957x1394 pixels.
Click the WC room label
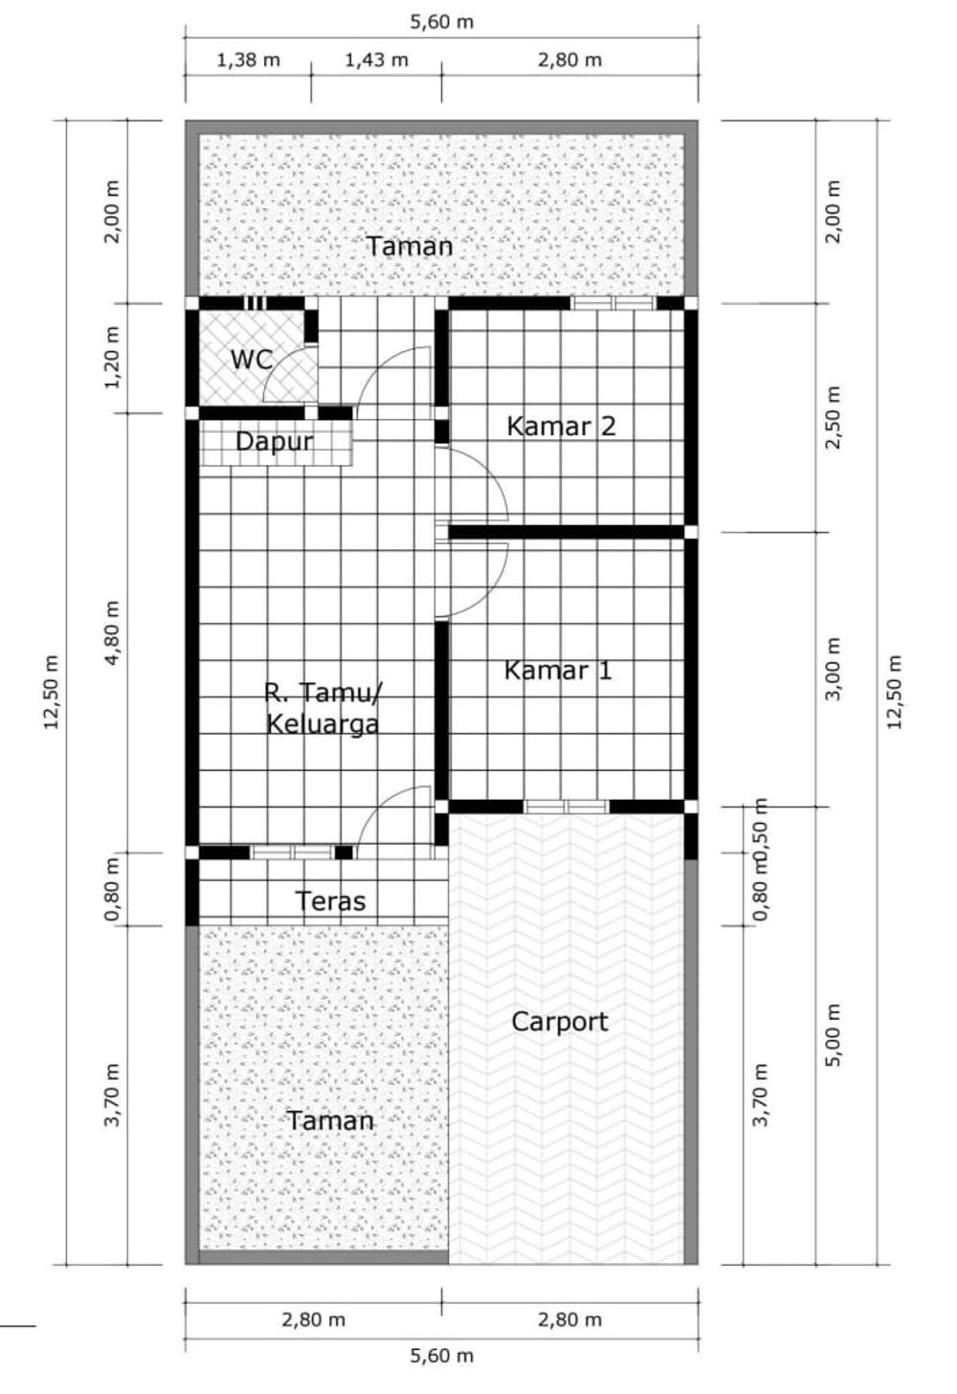251,361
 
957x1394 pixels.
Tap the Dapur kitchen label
274,442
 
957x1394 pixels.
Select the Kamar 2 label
561,426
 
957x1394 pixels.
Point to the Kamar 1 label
557,671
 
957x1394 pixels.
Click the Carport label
559,1022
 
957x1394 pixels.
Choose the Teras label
330,901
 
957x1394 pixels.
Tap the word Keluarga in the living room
322,724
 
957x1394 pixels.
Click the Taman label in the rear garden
410,247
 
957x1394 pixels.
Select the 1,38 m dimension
249,60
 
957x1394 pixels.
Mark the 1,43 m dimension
376,60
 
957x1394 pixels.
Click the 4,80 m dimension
113,632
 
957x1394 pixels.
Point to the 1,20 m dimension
113,357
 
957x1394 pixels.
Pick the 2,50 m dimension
834,417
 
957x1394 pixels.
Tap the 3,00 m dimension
834,669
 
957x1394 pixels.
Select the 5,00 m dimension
834,1035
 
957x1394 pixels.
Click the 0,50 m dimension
762,821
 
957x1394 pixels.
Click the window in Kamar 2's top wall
613,303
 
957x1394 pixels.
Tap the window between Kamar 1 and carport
567,807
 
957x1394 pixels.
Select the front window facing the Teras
292,852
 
